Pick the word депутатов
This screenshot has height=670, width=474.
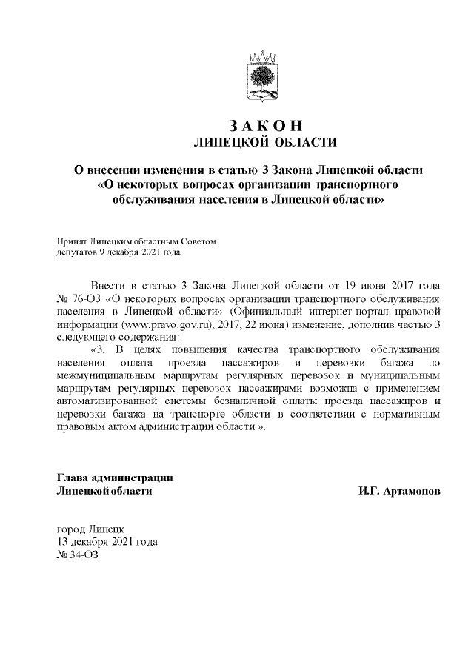click(x=76, y=252)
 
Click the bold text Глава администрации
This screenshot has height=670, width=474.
click(x=115, y=478)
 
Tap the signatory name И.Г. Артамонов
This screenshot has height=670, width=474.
click(x=398, y=490)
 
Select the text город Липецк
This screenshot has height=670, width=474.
click(x=90, y=529)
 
